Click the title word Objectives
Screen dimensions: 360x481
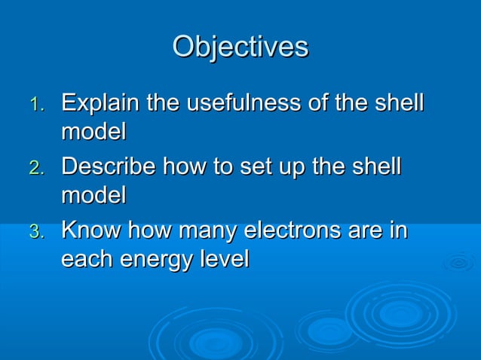[240, 47]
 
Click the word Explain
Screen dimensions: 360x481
[103, 103]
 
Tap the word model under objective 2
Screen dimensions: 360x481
[93, 196]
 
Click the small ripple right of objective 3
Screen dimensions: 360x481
[458, 263]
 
